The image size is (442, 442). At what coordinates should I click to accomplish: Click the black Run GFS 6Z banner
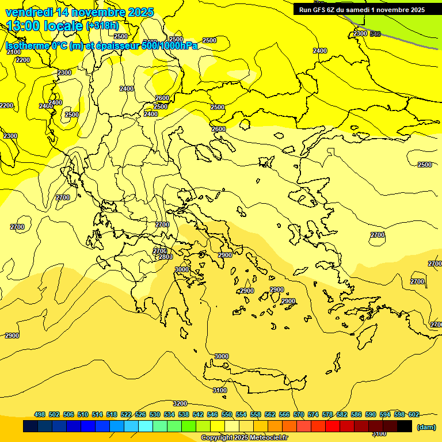coord(361,9)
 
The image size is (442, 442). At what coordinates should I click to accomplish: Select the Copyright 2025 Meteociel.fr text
coord(244,437)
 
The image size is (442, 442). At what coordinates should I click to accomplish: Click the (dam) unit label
coord(425,426)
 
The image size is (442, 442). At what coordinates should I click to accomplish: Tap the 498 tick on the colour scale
coord(40,414)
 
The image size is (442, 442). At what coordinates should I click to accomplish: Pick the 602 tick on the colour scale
coord(413,414)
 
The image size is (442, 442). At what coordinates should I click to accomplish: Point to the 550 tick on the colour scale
coord(227,414)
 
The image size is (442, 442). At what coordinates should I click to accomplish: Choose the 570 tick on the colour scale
coord(299,414)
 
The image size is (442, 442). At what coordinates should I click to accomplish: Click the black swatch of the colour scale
coord(405,426)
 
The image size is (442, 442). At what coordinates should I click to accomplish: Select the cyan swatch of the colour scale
coord(146,426)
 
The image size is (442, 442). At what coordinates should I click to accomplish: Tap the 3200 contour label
coord(180,403)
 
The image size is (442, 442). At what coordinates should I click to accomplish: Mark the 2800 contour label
coord(166,257)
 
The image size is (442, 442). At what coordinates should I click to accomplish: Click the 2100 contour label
coord(14,52)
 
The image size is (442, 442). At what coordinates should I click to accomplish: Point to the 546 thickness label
coord(375,35)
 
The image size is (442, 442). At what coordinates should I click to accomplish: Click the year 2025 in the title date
coord(140,12)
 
